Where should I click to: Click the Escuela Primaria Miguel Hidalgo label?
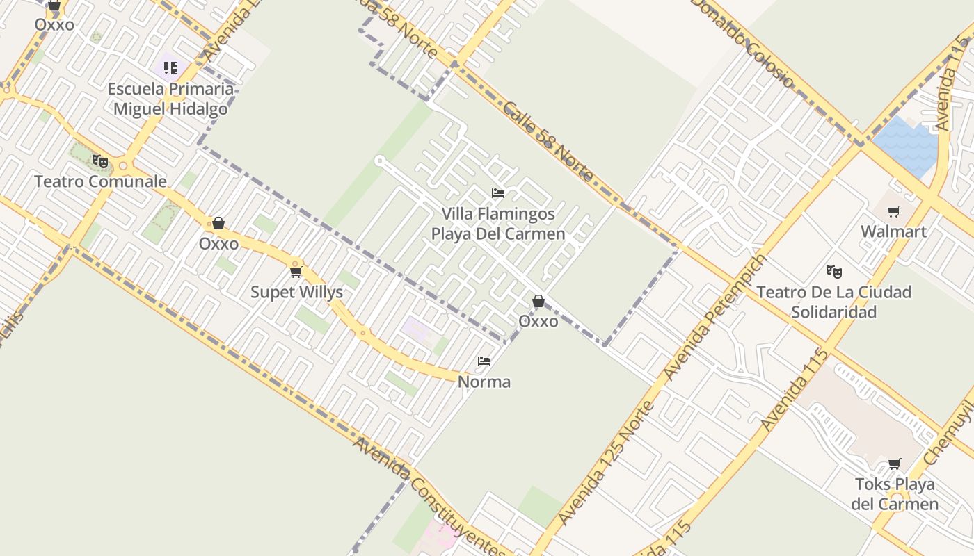(x=170, y=99)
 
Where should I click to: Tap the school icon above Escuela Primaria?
(x=170, y=68)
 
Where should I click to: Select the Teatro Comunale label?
(x=101, y=182)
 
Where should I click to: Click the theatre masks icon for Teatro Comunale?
(x=100, y=161)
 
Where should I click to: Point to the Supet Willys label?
(x=296, y=292)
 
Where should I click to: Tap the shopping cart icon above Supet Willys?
(x=296, y=272)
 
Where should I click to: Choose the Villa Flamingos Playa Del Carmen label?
(x=498, y=224)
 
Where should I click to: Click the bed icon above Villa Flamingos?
(x=498, y=193)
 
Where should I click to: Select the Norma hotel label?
(x=484, y=382)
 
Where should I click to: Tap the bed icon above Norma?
(x=484, y=361)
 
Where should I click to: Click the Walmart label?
(x=893, y=231)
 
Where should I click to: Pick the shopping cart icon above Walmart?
(x=894, y=212)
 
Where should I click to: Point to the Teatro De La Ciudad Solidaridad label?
(x=833, y=302)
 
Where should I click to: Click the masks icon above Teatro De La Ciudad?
(x=833, y=271)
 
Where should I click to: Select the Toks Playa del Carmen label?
(x=895, y=493)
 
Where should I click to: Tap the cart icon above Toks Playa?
(x=895, y=464)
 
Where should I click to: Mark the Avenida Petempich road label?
(x=714, y=317)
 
